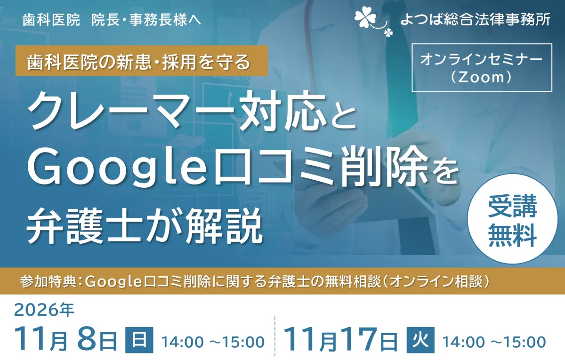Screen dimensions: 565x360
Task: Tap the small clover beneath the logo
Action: point(389,32)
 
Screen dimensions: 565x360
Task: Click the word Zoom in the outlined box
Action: point(481,77)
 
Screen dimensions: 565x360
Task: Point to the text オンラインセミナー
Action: point(482,59)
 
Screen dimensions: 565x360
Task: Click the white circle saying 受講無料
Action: point(512,219)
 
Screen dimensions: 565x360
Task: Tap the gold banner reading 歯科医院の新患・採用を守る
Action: point(142,61)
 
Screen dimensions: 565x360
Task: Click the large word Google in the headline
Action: point(117,168)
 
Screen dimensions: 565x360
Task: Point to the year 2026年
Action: point(44,310)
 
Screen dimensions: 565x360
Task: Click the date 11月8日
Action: point(66,340)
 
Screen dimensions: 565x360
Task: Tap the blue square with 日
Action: point(139,340)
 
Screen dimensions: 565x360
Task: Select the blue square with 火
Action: point(420,340)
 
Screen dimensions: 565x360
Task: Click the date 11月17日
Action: point(341,340)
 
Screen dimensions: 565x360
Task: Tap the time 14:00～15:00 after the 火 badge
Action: point(494,343)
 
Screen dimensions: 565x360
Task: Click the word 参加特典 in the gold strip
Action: point(48,281)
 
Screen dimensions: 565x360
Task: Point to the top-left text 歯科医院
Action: point(51,20)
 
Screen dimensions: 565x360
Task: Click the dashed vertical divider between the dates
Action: point(274,336)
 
